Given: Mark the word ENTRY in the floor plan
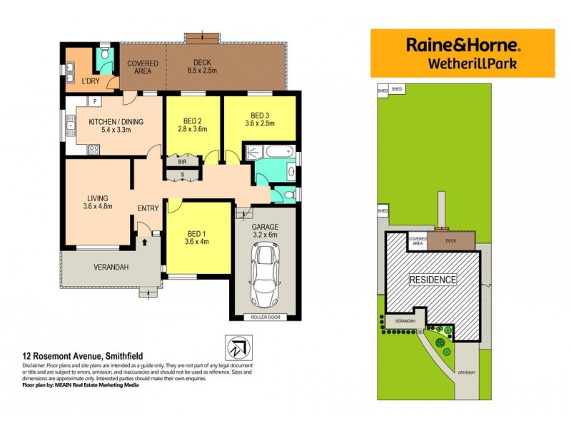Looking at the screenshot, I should pos(148,208).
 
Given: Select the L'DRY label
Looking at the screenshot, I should pos(90,81).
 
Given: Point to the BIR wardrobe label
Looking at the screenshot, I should pos(183,162).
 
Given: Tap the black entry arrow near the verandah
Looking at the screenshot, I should pos(145,242).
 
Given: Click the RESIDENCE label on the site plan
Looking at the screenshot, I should pos(433,280).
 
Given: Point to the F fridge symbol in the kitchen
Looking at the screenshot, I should pos(94,102).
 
